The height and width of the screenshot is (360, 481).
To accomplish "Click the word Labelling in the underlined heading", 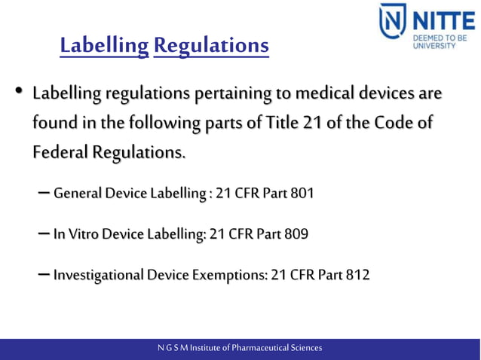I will [104, 47].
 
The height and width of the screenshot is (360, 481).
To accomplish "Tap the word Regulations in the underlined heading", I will [210, 47].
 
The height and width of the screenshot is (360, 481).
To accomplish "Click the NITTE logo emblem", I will [393, 26].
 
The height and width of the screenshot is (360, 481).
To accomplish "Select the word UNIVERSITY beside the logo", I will [434, 45].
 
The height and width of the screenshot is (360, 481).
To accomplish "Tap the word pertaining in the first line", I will [231, 94].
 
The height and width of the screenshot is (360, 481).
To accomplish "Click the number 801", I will [301, 194].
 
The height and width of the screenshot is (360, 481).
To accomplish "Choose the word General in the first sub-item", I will [78, 194].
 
